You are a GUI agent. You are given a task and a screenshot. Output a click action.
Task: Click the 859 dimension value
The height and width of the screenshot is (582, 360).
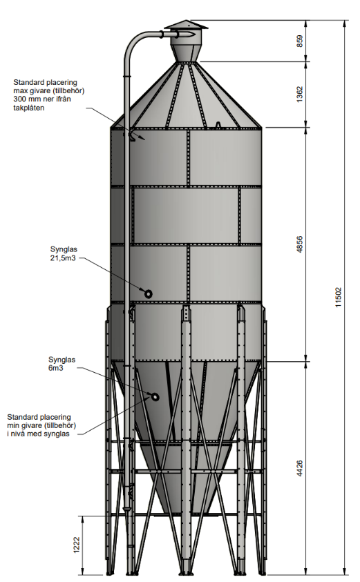tap(299, 41)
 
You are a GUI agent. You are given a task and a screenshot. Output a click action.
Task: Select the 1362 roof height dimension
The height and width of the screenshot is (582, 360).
tap(299, 95)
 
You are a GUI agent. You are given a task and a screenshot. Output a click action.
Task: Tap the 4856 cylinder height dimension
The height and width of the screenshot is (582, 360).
tap(299, 244)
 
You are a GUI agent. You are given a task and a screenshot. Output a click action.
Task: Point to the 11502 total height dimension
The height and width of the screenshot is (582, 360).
tap(338, 297)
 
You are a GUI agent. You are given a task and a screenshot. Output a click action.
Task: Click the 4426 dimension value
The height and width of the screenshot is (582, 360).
tap(299, 468)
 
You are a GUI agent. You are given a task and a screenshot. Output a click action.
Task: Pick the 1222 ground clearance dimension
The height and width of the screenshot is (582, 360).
tap(77, 545)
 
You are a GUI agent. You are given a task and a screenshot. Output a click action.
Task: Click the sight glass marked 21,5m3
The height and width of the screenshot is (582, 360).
tap(149, 294)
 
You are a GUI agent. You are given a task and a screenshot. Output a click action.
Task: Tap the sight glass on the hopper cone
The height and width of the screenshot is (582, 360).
tap(155, 397)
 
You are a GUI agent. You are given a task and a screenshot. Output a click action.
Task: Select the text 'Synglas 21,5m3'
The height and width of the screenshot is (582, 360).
tap(64, 253)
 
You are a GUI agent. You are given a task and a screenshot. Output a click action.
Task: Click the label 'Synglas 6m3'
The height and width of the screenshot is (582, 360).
tap(61, 364)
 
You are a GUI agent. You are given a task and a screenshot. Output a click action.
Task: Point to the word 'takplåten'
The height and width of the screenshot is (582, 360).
tap(28, 108)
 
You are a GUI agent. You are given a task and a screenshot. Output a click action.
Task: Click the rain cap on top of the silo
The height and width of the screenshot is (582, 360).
tap(186, 25)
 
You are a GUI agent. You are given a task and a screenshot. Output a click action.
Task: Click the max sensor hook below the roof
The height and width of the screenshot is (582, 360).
tap(131, 137)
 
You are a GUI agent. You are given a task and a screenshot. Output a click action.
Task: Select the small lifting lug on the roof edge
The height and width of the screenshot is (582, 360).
tap(218, 125)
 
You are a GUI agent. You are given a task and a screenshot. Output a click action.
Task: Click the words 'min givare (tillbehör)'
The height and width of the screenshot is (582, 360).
tap(41, 425)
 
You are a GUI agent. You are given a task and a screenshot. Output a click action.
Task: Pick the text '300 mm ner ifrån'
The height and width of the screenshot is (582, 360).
tap(42, 99)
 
